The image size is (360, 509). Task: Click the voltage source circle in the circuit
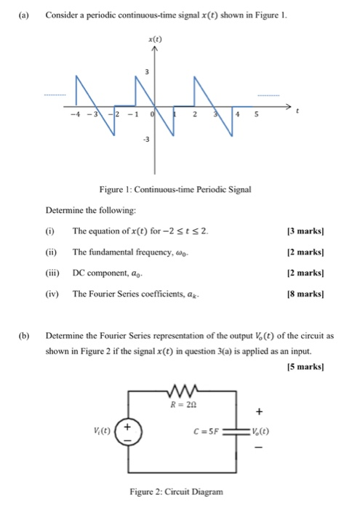tap(130, 430)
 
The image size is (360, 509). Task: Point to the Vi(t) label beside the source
tap(104, 429)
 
